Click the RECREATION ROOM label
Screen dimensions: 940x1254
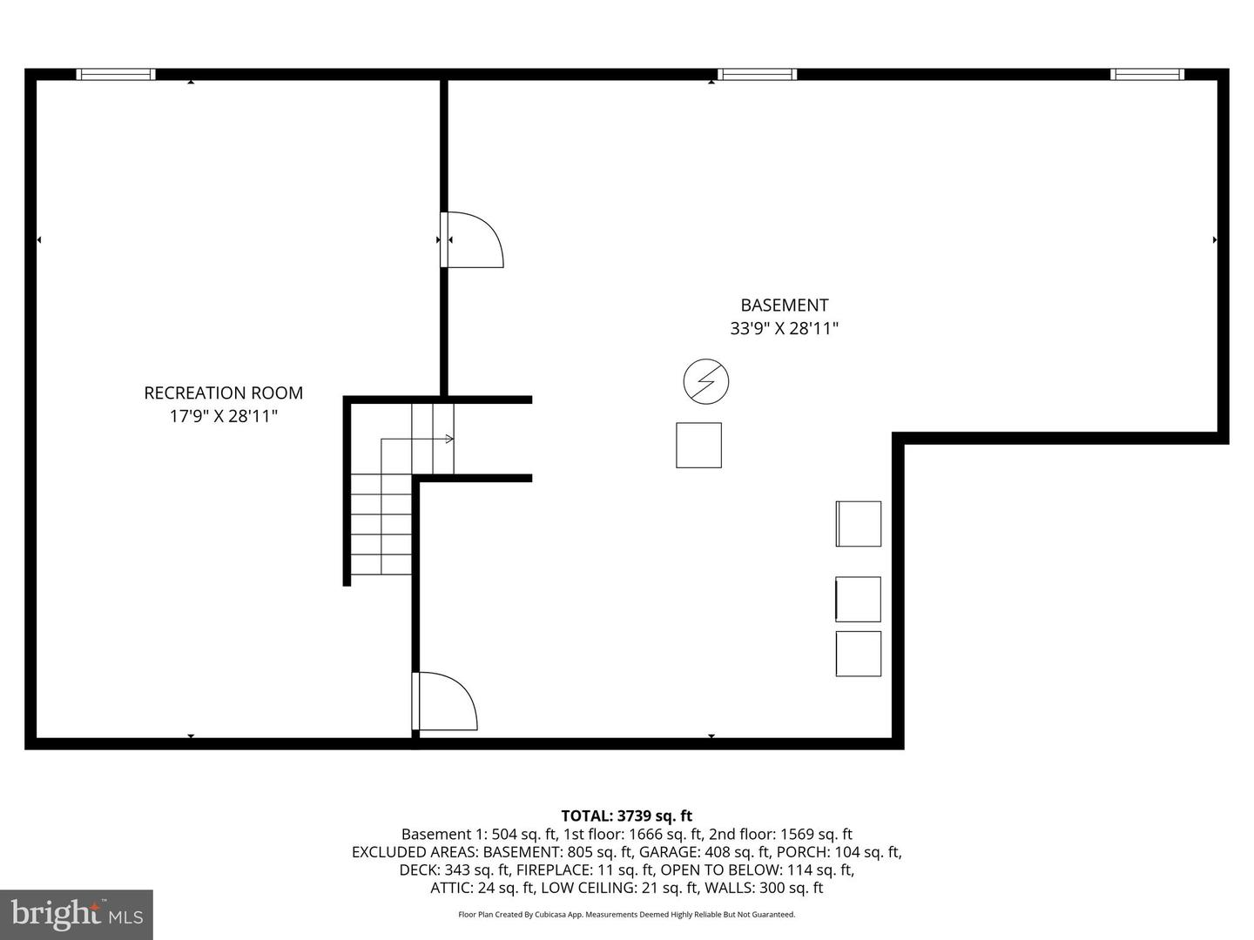tap(223, 393)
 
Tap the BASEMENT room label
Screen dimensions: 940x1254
tap(784, 305)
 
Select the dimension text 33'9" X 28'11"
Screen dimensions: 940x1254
tap(784, 328)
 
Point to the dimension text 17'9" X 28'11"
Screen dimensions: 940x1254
tap(223, 416)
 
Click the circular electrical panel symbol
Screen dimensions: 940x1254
tap(705, 381)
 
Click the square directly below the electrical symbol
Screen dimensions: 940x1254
tap(698, 445)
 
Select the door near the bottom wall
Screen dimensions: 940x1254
tap(446, 701)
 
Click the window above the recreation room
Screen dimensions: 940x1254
tap(116, 74)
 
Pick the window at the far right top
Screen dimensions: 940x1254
tap(1147, 74)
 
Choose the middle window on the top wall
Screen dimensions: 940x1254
tap(757, 74)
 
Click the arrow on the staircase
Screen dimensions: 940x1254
tap(448, 439)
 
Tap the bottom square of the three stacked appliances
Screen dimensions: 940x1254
tap(858, 654)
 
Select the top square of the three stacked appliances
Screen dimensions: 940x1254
tap(858, 523)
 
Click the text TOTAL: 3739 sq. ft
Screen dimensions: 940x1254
tap(626, 816)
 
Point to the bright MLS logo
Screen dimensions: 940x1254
tap(77, 914)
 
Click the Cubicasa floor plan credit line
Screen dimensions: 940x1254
tap(626, 915)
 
